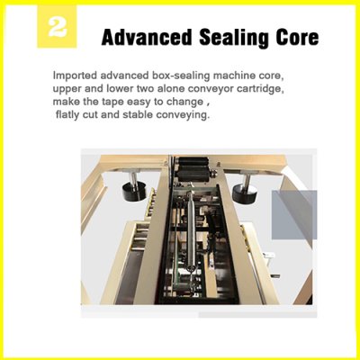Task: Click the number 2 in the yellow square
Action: pos(57,27)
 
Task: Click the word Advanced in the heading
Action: pos(147,38)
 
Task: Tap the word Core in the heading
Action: pos(298,38)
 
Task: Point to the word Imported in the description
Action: pos(75,76)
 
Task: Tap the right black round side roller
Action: pos(245,192)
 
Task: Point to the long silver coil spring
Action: pos(190,230)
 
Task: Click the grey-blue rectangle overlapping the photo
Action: pos(294,215)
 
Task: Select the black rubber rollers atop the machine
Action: pos(193,169)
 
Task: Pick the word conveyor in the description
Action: pos(213,89)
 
